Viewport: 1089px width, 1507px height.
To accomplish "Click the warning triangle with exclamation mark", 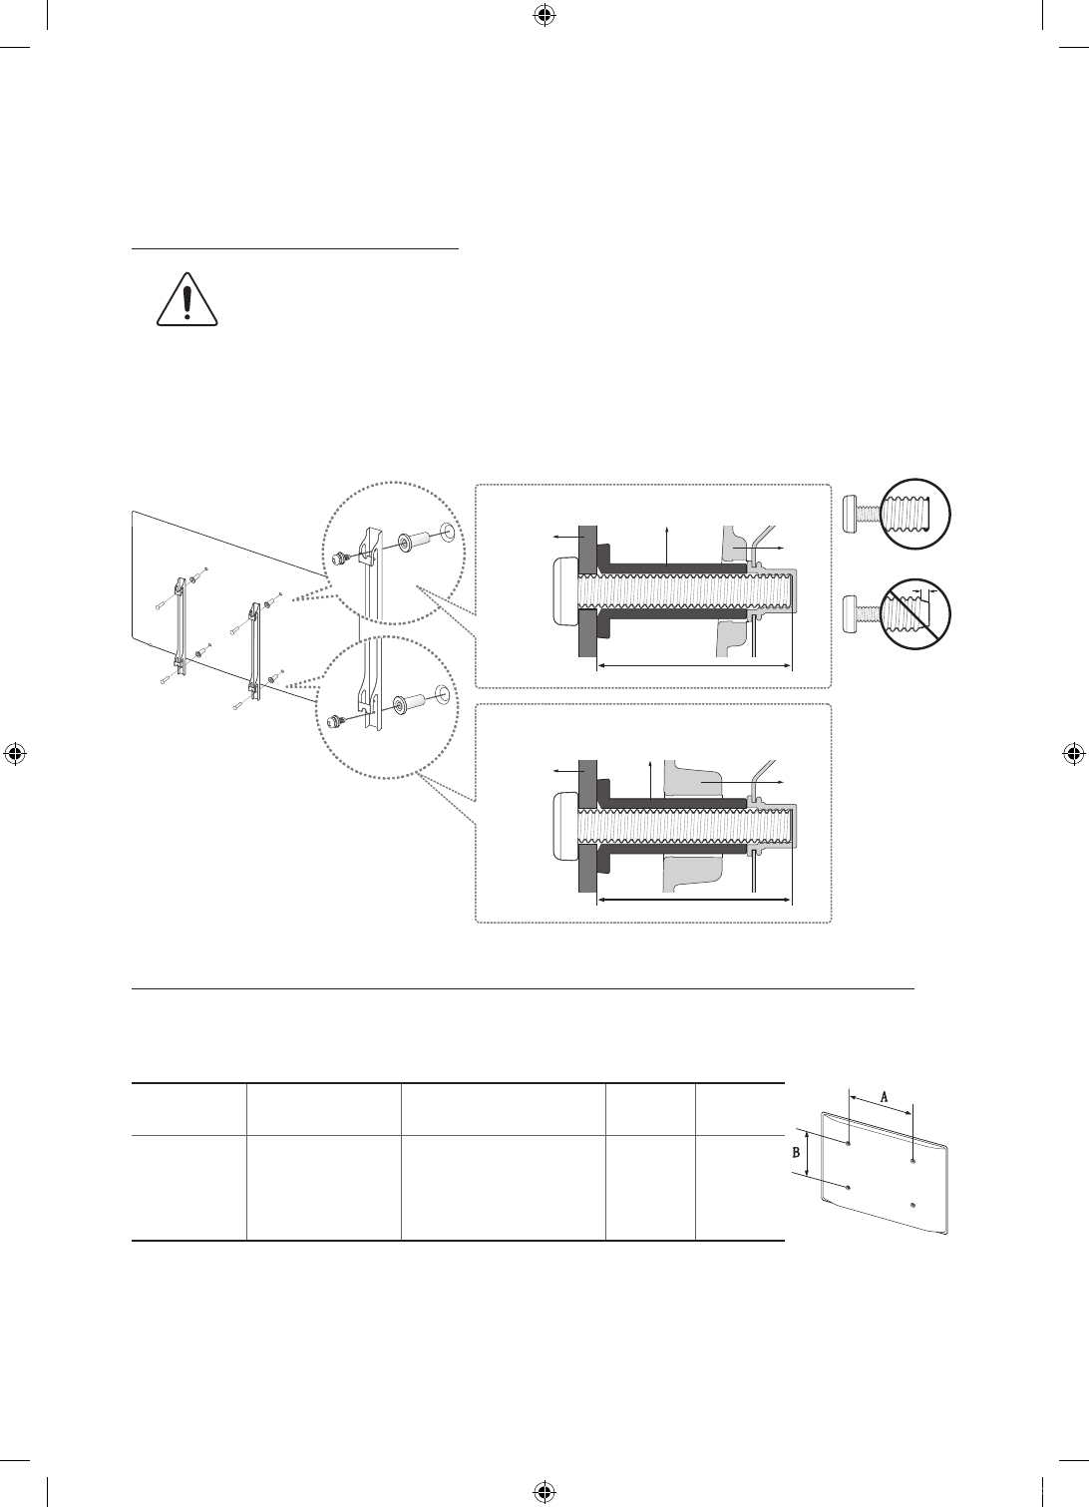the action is click(187, 300).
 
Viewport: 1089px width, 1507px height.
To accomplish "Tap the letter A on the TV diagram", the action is click(885, 1097).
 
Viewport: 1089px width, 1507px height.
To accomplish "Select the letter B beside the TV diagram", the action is click(796, 1153).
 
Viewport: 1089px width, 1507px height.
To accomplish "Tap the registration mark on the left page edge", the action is click(16, 754).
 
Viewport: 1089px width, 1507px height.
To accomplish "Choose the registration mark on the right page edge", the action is click(1073, 754).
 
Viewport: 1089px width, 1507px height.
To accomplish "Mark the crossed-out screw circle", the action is click(915, 615).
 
